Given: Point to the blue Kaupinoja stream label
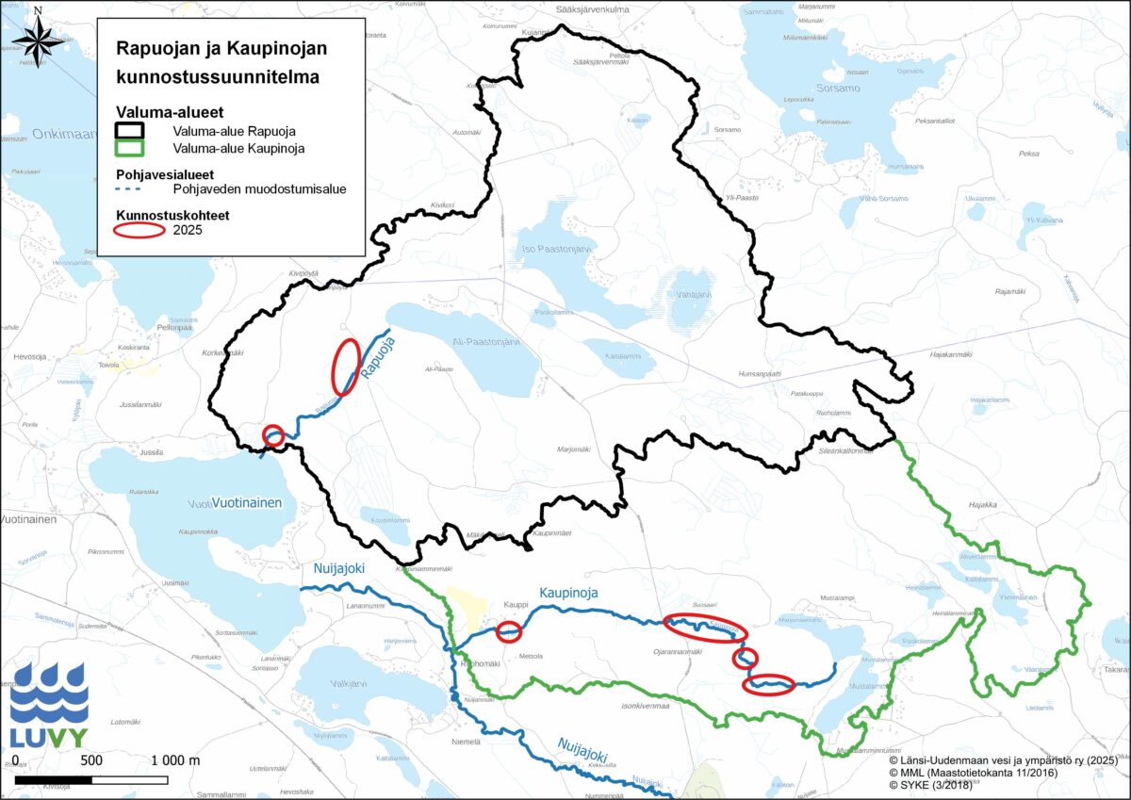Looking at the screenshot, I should pos(569,593).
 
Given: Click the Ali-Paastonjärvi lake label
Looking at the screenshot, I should pos(485,343).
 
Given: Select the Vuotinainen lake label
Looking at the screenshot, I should pos(247,503).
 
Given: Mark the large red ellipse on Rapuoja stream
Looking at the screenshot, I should pos(345,366).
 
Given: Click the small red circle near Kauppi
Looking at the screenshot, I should pos(509,631).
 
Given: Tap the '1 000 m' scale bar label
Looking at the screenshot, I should pos(175,760).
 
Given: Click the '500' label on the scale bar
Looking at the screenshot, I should pos(90,760).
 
